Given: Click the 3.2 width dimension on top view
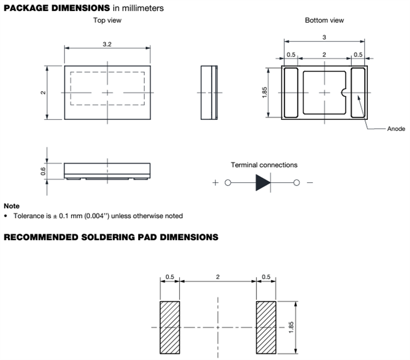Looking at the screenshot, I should coord(107,44).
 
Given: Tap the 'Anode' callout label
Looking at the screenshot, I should coord(396,129).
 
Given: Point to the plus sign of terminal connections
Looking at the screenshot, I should coord(215,183).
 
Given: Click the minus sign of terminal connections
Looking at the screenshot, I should coord(310,183).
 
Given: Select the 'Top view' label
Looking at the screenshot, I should coord(107,20).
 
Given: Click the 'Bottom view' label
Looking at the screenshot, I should coord(325,20).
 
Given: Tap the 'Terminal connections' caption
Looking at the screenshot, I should coord(264,165).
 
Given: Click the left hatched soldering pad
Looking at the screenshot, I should coord(170,327).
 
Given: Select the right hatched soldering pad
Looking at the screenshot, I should coord(266,327).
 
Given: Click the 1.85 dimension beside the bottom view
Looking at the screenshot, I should coord(264,92).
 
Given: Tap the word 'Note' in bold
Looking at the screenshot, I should coord(11,206).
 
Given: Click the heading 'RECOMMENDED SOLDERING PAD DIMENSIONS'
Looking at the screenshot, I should coord(112,237).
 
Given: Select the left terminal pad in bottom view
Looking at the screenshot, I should coord(291,92).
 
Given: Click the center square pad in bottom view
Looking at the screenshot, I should coord(325,92).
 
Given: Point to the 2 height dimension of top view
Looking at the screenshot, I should coord(43,92).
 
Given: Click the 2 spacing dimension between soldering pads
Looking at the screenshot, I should coord(218,278).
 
